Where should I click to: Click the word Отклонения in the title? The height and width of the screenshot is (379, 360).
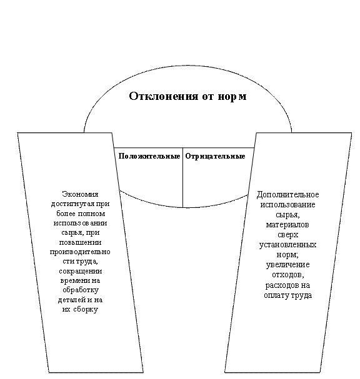click(164, 96)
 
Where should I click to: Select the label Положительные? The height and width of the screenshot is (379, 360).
click(149, 156)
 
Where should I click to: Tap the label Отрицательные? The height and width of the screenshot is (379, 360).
click(215, 156)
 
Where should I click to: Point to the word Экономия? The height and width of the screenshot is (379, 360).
click(80, 194)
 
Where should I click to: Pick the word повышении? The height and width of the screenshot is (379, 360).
click(80, 242)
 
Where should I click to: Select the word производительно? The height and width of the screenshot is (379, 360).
click(80, 252)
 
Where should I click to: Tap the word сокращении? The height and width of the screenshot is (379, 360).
click(81, 271)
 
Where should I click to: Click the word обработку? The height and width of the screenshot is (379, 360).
click(81, 290)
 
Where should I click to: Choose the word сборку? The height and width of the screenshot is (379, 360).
click(86, 310)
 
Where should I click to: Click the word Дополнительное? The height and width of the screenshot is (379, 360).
click(287, 195)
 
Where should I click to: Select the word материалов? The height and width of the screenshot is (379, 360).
click(287, 225)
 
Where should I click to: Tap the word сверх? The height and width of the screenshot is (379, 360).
click(287, 235)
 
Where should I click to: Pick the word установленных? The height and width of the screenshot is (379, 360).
click(287, 245)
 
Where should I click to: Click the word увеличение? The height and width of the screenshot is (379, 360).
click(287, 265)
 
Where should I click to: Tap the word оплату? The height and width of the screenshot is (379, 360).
click(276, 295)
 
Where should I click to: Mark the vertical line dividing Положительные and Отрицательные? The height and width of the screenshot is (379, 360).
click(182, 177)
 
